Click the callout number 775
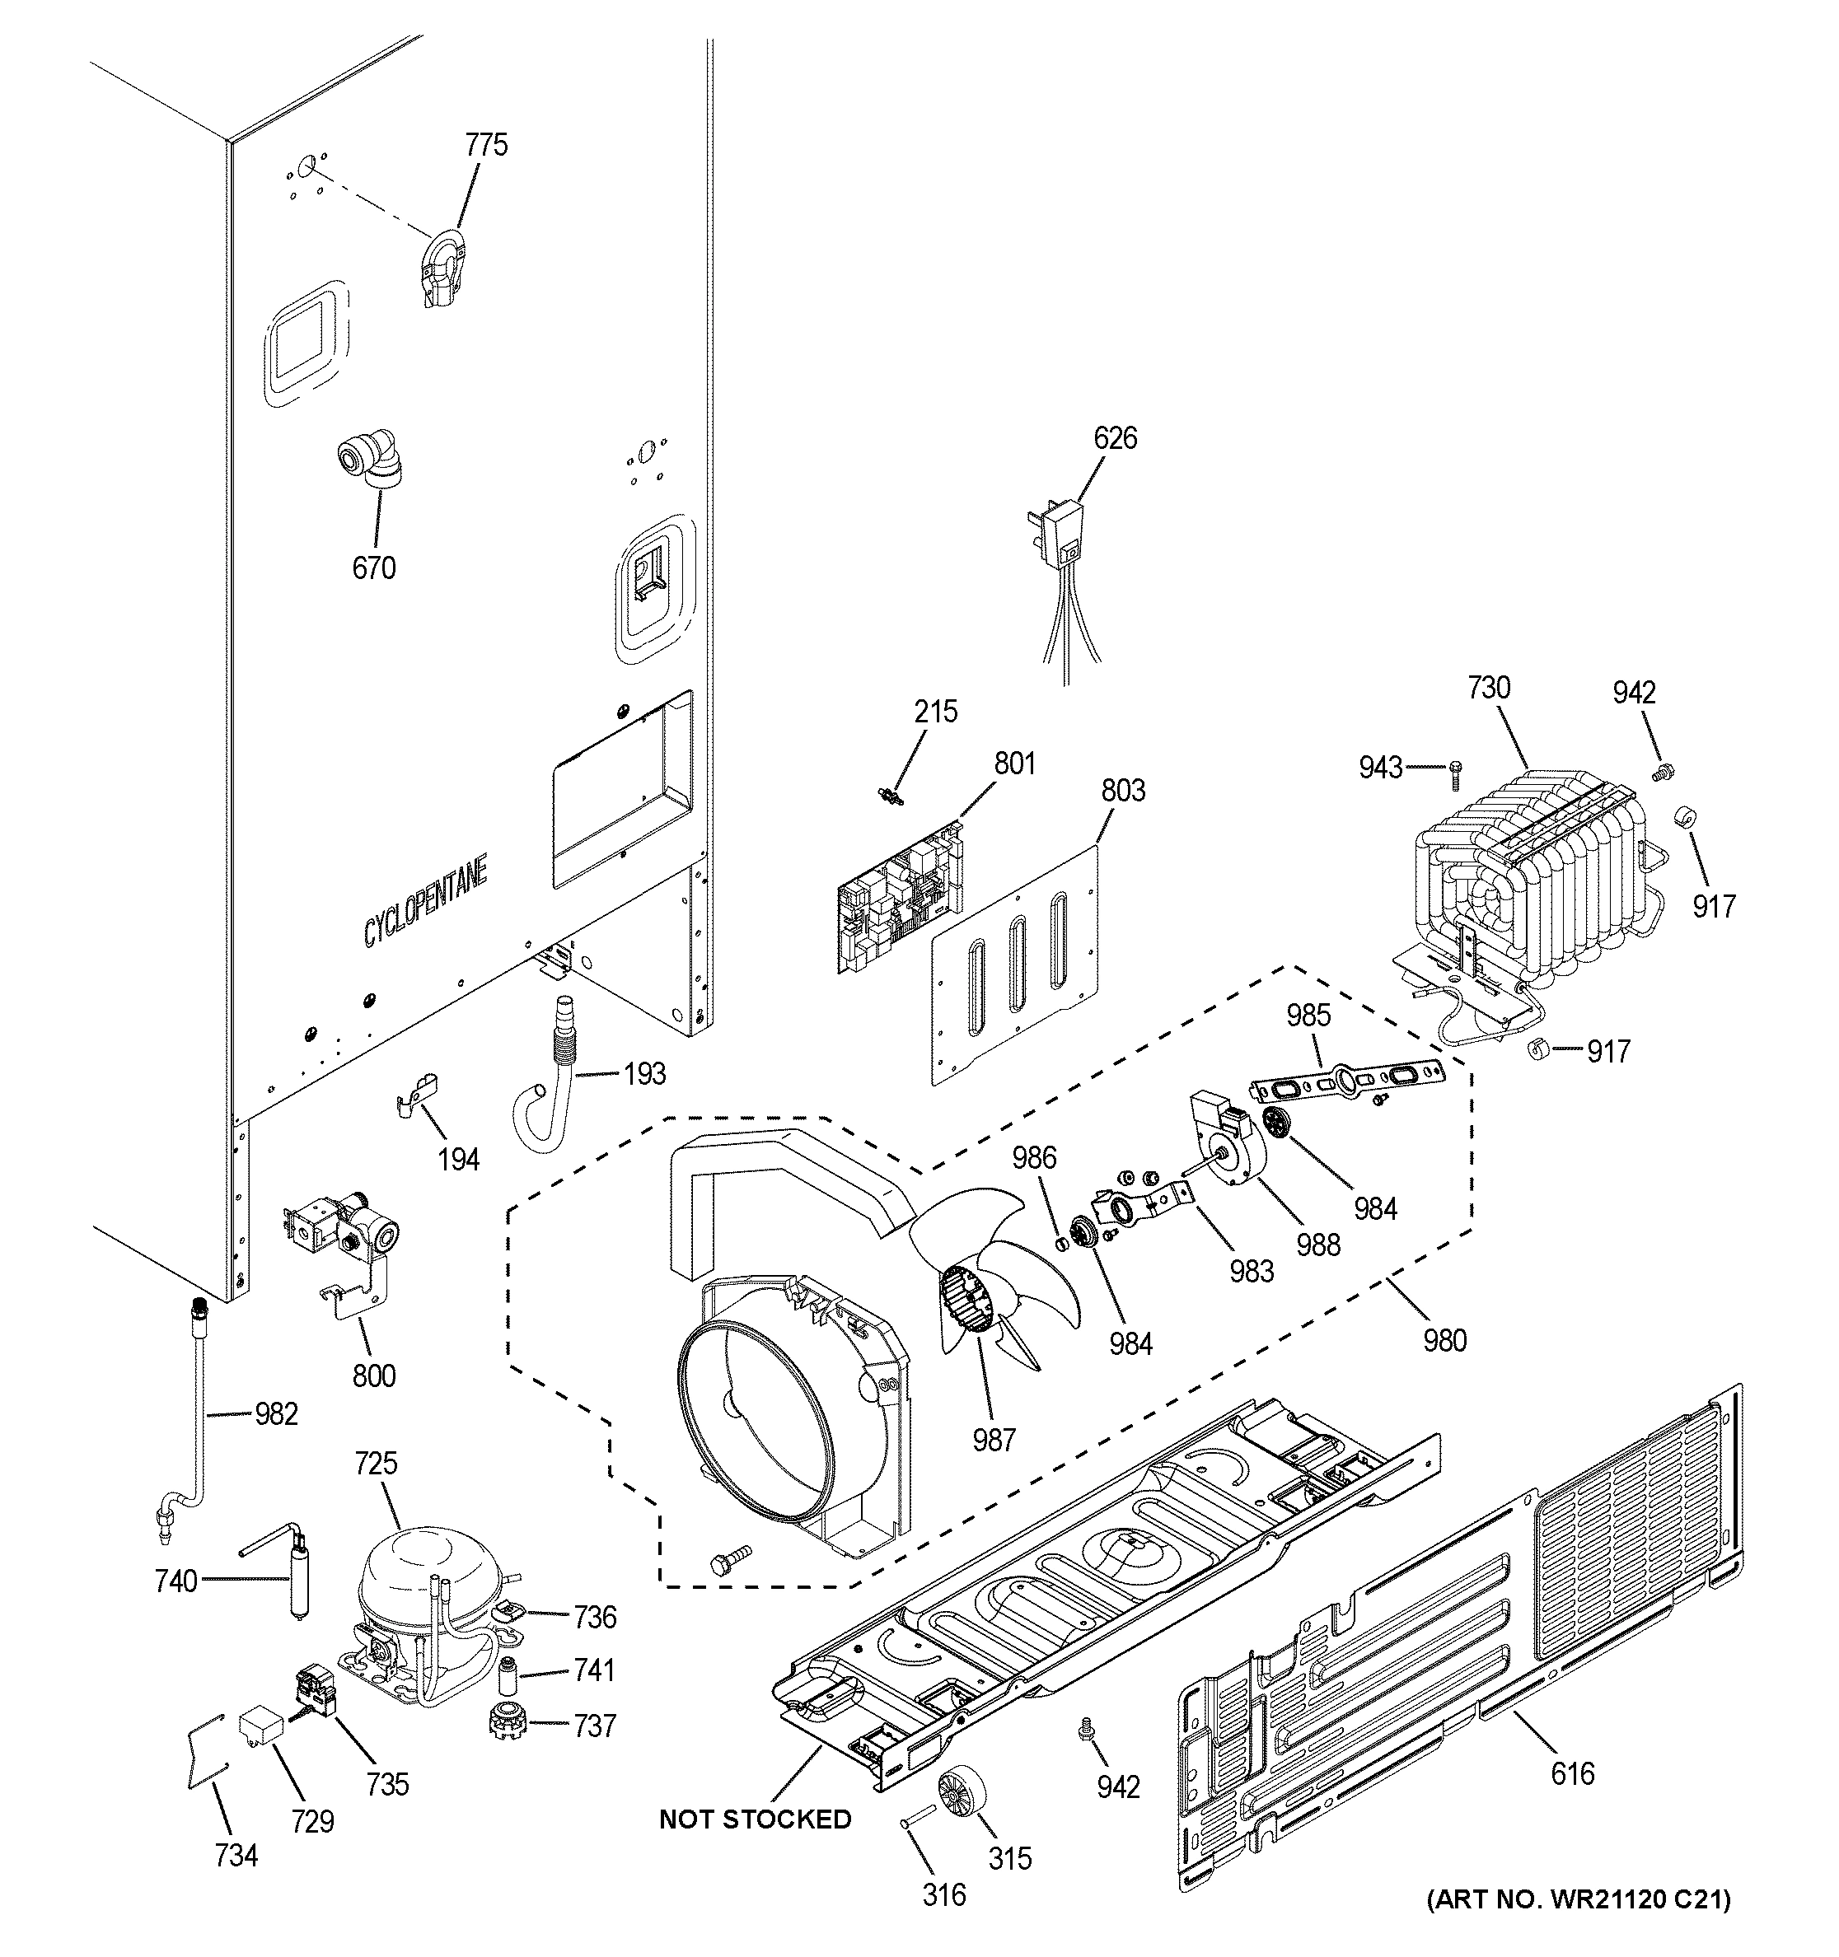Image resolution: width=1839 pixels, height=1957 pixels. [486, 145]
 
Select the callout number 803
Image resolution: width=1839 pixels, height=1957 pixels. [1123, 791]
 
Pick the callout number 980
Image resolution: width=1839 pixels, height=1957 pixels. [1444, 1340]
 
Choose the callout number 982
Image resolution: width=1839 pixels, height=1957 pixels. [276, 1413]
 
